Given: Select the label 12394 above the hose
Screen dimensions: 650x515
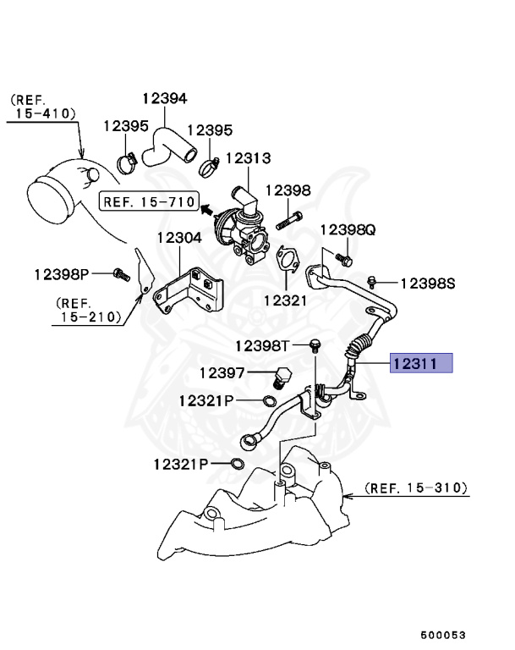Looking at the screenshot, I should click(x=164, y=99).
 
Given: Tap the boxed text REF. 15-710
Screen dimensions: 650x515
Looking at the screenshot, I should click(x=148, y=202).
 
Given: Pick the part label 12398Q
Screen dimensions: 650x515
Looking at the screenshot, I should click(x=348, y=230).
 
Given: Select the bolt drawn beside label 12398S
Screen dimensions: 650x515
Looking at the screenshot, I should click(x=372, y=280).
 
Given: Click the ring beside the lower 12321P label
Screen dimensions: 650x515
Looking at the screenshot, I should click(x=238, y=463).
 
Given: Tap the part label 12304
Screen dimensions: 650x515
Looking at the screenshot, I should click(x=178, y=239).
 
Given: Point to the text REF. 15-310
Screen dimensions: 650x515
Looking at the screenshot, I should click(x=416, y=488).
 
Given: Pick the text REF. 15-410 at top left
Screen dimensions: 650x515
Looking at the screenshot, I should click(x=42, y=106).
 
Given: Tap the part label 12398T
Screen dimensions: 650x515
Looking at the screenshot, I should click(x=262, y=345).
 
